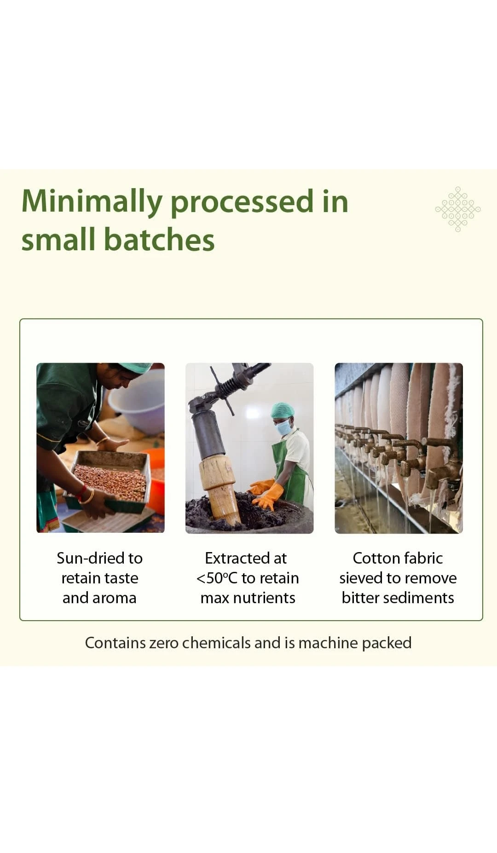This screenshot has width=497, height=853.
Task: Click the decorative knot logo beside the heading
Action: (458, 209)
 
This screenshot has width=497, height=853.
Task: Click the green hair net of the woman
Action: (135, 367)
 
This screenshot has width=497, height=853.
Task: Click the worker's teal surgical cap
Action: (282, 410)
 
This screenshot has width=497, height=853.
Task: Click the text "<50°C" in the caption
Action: (217, 578)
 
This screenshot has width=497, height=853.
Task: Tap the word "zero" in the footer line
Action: (163, 643)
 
